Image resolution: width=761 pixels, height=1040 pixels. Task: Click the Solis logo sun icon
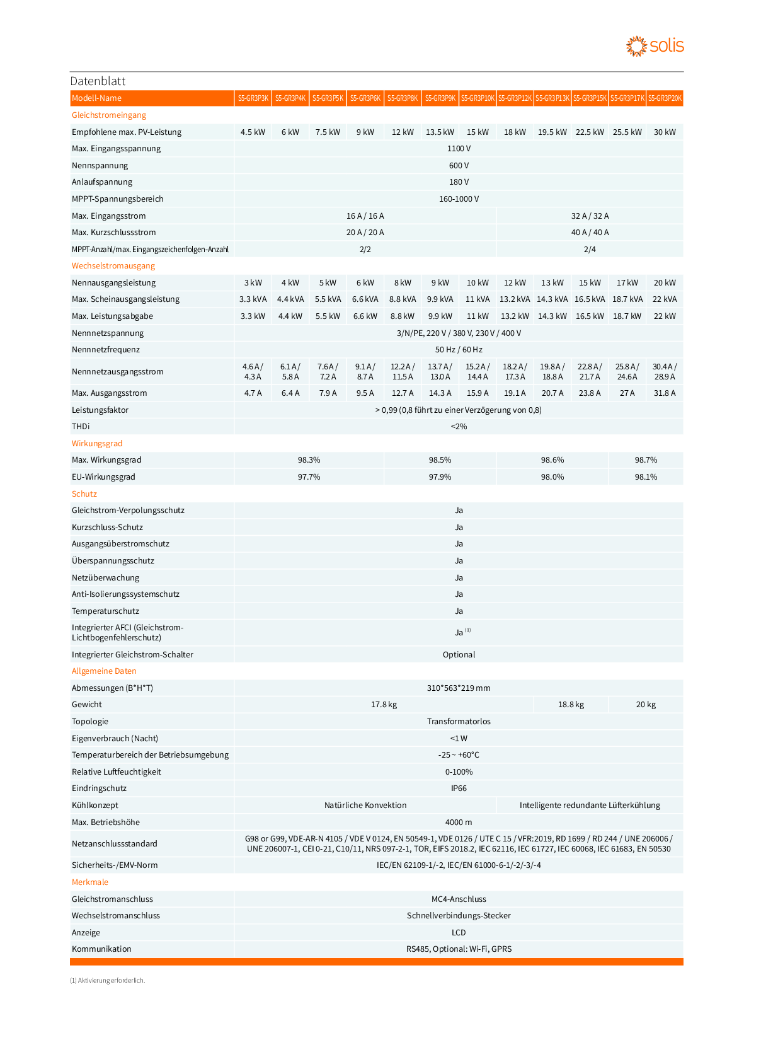click(636, 46)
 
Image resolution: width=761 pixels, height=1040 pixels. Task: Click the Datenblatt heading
click(98, 81)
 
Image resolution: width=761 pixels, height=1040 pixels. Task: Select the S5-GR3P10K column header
click(478, 98)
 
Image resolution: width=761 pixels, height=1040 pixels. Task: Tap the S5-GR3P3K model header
click(253, 98)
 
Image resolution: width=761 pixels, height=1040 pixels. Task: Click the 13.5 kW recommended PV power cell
click(440, 132)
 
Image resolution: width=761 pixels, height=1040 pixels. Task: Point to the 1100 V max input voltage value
click(459, 149)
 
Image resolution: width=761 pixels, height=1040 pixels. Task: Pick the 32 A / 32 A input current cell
click(590, 216)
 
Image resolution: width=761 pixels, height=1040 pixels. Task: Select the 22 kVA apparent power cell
click(665, 299)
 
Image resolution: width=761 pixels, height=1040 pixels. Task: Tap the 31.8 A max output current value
click(665, 393)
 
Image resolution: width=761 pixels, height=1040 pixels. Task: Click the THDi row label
click(81, 427)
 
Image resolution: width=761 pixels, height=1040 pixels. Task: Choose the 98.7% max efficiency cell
click(646, 460)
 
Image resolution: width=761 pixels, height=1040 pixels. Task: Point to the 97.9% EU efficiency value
click(440, 477)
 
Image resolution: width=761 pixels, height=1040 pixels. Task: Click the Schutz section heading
click(84, 494)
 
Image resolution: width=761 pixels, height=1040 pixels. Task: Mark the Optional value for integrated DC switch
click(459, 655)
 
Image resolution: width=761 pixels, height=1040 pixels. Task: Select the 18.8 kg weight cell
click(571, 705)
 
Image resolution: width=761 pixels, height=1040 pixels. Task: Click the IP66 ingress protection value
click(459, 789)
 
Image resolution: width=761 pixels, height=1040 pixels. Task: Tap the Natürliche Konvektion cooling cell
click(365, 806)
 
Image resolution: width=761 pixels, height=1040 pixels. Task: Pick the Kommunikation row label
click(101, 949)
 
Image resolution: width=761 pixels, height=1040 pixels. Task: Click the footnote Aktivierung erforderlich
click(108, 981)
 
